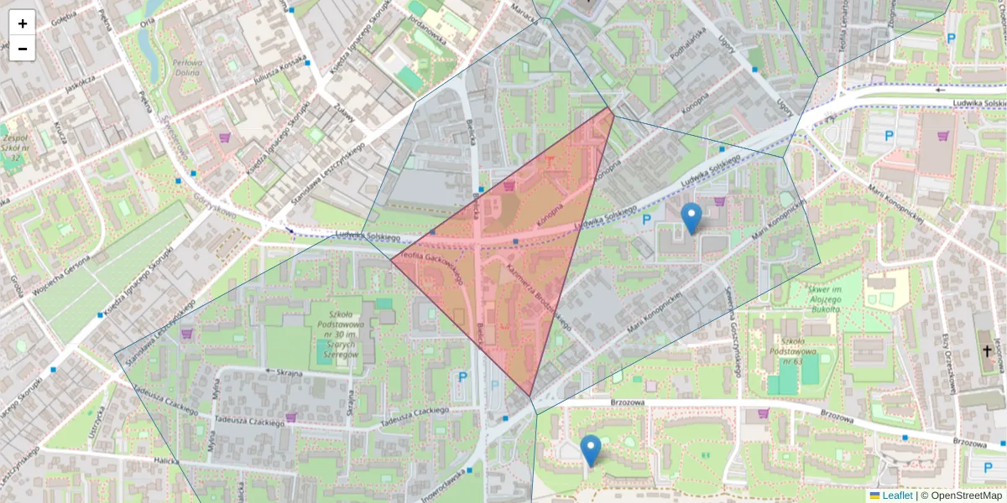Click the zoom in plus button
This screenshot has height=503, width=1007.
coord(23,23)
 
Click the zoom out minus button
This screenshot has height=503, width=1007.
coord(23,49)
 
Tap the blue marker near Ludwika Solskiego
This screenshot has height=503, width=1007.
coord(691,218)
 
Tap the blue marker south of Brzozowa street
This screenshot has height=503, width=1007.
coord(591,450)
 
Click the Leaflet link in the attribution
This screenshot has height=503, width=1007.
coord(897,495)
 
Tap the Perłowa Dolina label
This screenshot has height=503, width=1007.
coord(186,68)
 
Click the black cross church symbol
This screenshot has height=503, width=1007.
coord(988,355)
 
